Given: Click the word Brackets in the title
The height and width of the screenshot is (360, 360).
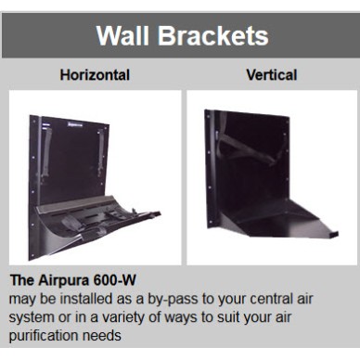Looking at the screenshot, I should (x=214, y=36).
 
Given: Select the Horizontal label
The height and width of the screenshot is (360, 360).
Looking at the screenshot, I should (x=95, y=74).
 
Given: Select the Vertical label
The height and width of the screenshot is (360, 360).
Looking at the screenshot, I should (x=271, y=74).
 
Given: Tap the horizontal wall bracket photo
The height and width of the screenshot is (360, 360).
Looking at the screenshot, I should (x=95, y=176).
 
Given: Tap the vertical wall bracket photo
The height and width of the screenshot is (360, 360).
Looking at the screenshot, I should (x=271, y=176).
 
